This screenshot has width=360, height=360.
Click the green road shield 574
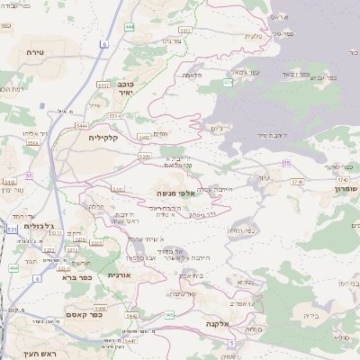coord(228,82)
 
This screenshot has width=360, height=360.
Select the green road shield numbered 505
coord(169,314)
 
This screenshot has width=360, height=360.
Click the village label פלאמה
coord(192,75)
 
